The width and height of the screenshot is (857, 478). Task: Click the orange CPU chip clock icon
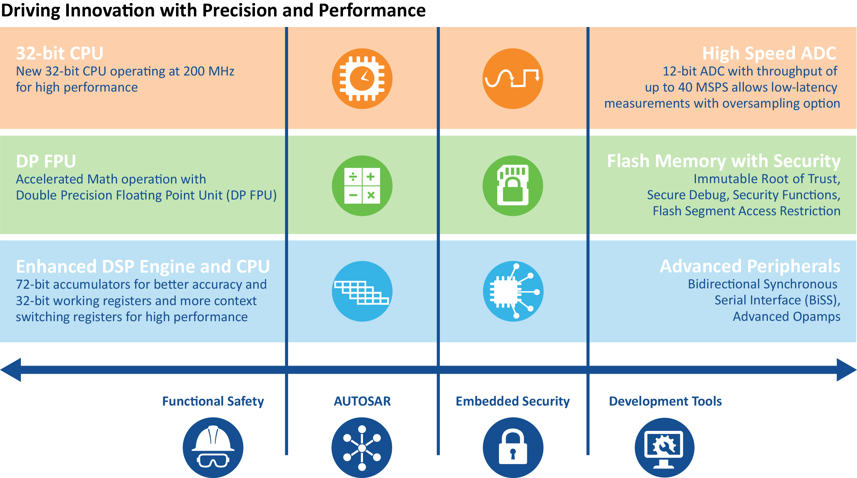tap(362, 79)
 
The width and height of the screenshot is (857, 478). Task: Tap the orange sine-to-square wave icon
tap(513, 79)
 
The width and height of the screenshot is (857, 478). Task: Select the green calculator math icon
tap(362, 186)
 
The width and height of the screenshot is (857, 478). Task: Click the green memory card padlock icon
tap(513, 186)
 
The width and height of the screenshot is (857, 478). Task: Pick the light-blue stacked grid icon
tap(362, 291)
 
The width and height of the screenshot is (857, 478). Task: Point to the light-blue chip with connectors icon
tap(513, 291)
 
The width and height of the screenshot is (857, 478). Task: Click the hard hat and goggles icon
tap(213, 448)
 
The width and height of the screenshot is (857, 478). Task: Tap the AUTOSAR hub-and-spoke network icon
tap(362, 448)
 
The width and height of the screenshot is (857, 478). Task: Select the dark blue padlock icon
tap(513, 448)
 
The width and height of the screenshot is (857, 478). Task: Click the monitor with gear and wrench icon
tap(664, 448)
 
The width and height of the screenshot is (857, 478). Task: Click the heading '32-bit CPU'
tap(60, 53)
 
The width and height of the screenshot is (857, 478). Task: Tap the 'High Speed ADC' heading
tap(769, 53)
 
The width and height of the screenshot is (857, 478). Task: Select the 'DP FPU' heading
tap(46, 161)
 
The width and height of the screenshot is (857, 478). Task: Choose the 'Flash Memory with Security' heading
tap(724, 161)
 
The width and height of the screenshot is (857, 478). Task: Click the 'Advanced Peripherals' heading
tap(750, 266)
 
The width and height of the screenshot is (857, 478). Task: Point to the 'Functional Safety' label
tap(213, 401)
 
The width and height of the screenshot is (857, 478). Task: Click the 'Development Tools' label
tap(665, 401)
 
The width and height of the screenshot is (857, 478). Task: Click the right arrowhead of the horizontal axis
tap(846, 370)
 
